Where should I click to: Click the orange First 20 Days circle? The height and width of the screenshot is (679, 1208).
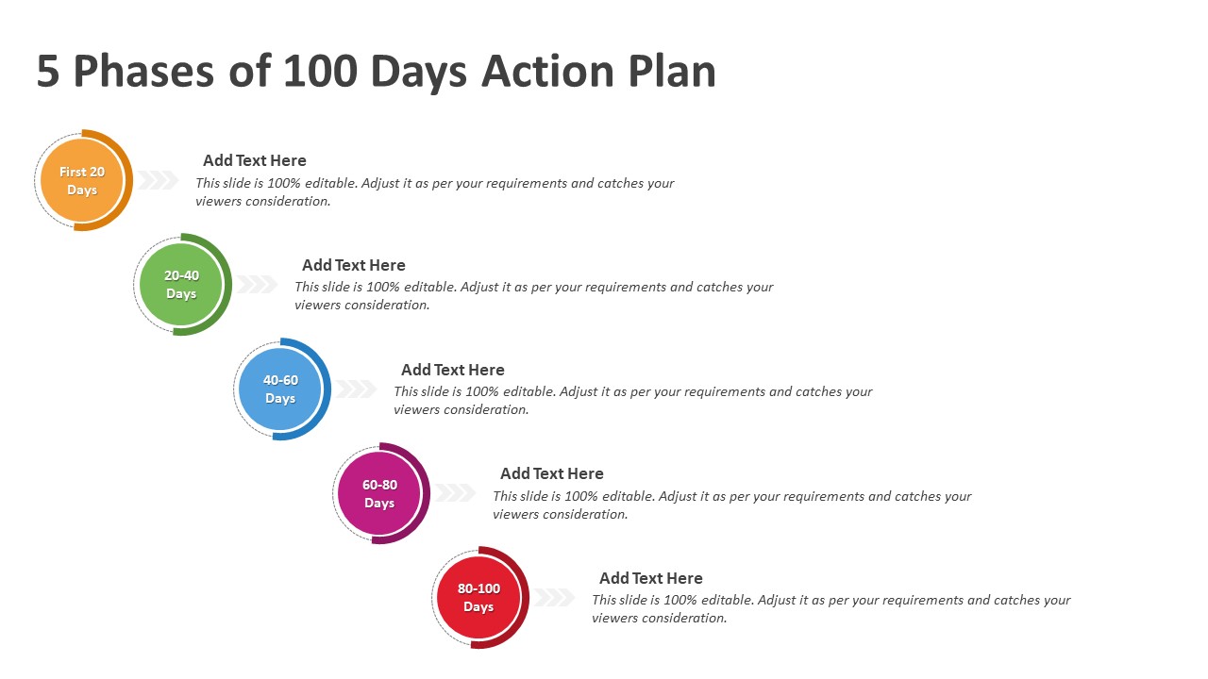[82, 180]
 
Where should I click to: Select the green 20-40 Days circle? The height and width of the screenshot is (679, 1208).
[181, 285]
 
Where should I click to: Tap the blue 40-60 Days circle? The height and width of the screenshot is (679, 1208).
[280, 389]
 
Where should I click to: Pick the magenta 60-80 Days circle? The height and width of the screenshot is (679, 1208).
[379, 493]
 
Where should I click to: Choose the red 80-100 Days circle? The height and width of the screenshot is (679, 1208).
[478, 598]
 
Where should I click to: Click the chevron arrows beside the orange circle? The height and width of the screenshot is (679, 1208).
[157, 180]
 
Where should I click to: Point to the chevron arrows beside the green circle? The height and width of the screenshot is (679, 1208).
[256, 284]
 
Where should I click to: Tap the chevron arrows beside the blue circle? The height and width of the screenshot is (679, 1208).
[356, 389]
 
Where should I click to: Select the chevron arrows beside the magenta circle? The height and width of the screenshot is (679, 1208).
[455, 492]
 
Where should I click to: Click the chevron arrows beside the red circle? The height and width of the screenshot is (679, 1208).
[554, 597]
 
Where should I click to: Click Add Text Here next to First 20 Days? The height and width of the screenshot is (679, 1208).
[255, 160]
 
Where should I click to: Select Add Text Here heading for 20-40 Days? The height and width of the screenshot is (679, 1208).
[354, 265]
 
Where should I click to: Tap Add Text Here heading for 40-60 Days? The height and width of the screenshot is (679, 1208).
[453, 370]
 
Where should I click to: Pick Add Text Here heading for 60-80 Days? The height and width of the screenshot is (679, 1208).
[552, 473]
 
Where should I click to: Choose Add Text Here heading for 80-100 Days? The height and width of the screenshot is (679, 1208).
[651, 578]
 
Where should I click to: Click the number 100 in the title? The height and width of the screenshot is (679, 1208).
[320, 71]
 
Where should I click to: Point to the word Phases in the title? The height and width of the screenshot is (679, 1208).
[144, 71]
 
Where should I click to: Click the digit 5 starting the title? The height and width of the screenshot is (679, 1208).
[48, 71]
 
